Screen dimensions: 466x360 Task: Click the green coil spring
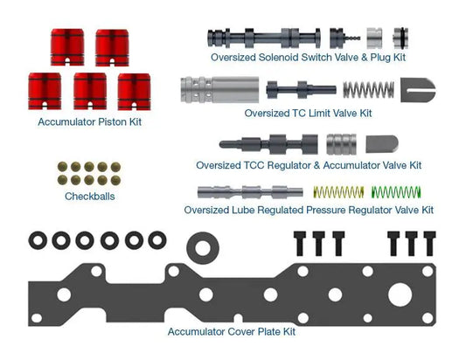click(x=396, y=192)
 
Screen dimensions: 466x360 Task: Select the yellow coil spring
click(x=338, y=192)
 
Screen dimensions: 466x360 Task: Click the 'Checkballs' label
click(x=90, y=197)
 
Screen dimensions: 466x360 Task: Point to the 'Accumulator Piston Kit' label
click(x=89, y=121)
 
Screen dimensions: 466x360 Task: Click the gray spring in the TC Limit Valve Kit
click(x=369, y=90)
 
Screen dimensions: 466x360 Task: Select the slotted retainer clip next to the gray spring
click(x=418, y=90)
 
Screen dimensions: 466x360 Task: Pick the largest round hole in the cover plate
click(x=400, y=294)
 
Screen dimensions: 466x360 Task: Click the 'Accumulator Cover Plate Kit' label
click(x=232, y=331)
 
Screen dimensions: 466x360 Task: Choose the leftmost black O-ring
click(x=38, y=240)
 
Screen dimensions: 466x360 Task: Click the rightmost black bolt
click(x=430, y=244)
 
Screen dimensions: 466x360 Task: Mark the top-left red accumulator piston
click(x=67, y=47)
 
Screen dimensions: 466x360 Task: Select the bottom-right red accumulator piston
click(x=134, y=92)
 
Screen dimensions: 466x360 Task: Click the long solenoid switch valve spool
click(x=264, y=38)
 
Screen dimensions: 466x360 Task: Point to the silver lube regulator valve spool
click(x=250, y=192)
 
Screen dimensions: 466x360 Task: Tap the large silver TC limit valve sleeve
click(x=219, y=90)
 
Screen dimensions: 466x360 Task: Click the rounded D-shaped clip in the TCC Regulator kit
click(x=382, y=144)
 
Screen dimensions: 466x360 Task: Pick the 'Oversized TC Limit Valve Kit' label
click(x=309, y=114)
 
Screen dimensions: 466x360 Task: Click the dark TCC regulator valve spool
click(x=268, y=144)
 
